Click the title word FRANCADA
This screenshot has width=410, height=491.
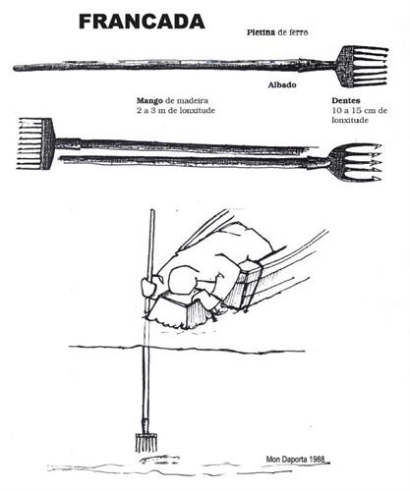[142, 22]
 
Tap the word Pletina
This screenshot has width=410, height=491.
[261, 32]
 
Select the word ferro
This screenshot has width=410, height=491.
[298, 32]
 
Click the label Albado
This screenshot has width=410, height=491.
[282, 84]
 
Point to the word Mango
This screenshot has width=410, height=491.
[149, 101]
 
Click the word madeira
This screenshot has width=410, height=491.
[193, 100]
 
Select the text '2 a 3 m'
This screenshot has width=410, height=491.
[151, 110]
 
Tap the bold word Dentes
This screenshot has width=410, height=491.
[346, 100]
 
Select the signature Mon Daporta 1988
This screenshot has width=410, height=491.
[295, 460]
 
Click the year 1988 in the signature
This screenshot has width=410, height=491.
[317, 460]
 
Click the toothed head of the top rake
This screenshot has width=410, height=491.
[362, 67]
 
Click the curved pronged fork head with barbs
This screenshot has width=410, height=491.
[355, 162]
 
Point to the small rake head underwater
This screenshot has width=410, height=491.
[146, 443]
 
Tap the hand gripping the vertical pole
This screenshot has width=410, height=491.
[148, 286]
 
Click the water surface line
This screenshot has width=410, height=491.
[187, 349]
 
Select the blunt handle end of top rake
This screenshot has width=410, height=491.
[15, 68]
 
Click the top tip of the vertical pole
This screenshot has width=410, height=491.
[152, 210]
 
